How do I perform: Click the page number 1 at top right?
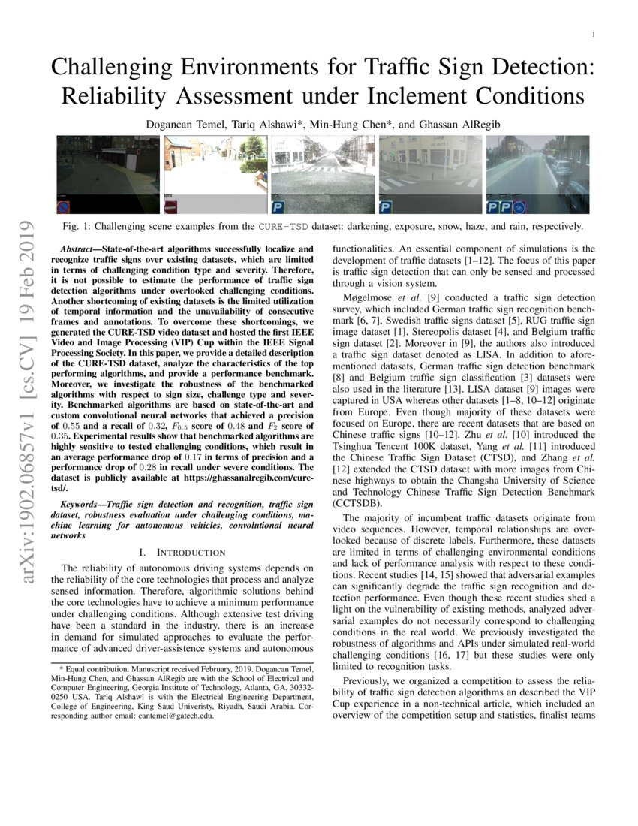pyautogui.click(x=594, y=35)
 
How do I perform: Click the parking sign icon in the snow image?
pyautogui.click(x=278, y=207)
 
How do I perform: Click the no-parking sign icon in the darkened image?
pyautogui.click(x=65, y=207)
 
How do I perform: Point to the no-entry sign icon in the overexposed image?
pyautogui.click(x=171, y=207)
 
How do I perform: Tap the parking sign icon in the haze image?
pyautogui.click(x=386, y=207)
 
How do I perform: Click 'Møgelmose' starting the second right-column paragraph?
pyautogui.click(x=366, y=298)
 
